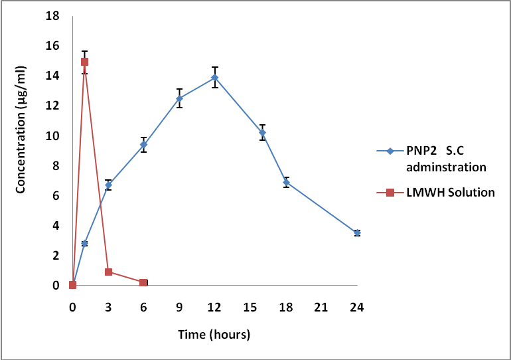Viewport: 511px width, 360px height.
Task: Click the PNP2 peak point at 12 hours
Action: (x=214, y=78)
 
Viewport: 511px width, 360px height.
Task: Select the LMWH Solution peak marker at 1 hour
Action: (x=84, y=62)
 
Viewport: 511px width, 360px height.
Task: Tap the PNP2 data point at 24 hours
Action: (x=357, y=232)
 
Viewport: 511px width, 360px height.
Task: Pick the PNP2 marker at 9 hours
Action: (x=179, y=98)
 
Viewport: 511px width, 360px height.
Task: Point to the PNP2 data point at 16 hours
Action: (x=262, y=133)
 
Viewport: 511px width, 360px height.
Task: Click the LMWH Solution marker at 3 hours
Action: (x=108, y=272)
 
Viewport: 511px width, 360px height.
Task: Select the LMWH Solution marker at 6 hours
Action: (x=143, y=282)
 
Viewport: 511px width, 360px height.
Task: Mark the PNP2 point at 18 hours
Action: (x=286, y=182)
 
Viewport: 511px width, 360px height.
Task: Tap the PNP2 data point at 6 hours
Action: (x=143, y=144)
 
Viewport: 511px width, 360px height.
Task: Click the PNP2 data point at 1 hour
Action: (x=84, y=244)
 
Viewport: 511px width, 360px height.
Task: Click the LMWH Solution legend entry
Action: (x=441, y=193)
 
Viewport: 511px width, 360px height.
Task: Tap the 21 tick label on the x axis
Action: (x=321, y=308)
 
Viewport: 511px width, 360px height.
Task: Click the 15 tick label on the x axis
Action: (x=250, y=308)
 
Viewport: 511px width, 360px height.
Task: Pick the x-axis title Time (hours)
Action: (x=214, y=335)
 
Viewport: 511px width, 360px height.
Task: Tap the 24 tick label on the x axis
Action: (x=357, y=308)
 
